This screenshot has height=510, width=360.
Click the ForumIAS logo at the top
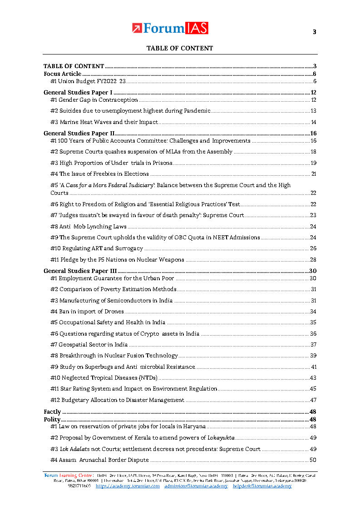coord(170,28)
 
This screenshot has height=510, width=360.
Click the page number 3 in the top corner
coord(314,32)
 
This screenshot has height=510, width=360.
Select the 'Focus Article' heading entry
coord(62,74)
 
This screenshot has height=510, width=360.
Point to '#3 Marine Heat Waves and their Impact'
coord(104,122)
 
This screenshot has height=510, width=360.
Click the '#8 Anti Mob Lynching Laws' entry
coord(88,226)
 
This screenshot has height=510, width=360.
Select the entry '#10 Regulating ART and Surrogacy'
coord(96,248)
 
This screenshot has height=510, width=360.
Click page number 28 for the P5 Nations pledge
coord(313,260)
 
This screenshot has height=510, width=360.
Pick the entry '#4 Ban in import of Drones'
coord(87,312)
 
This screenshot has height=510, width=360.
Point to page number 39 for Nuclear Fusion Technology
coord(313,356)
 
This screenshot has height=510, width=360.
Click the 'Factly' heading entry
coord(52,412)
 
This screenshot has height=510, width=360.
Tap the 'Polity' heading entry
coord(52,419)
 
